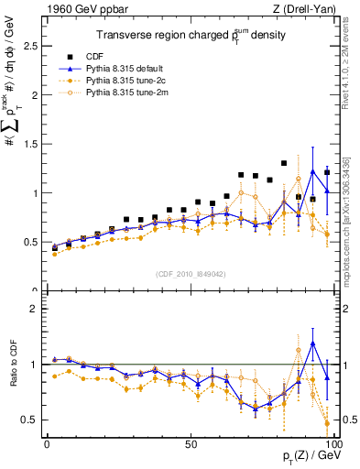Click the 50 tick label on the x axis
(x=190, y=443)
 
